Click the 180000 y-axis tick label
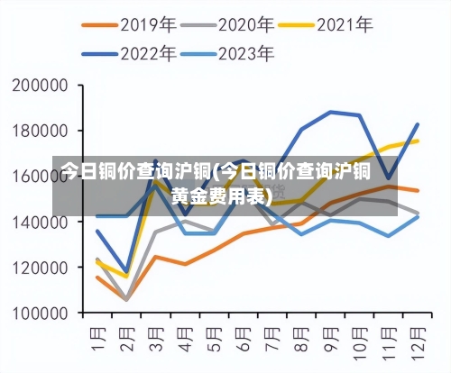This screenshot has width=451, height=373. click(41, 131)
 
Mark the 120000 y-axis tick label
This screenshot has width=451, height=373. click(41, 268)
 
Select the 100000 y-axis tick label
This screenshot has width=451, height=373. click(41, 314)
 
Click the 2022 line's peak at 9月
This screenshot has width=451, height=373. click(330, 112)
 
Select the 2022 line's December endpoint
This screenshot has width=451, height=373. click(417, 124)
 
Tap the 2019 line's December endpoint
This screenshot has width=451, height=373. click(417, 190)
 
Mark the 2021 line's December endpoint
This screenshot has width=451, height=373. click(417, 141)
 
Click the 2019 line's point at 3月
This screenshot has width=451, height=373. click(155, 257)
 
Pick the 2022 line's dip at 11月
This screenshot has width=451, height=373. click(388, 178)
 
